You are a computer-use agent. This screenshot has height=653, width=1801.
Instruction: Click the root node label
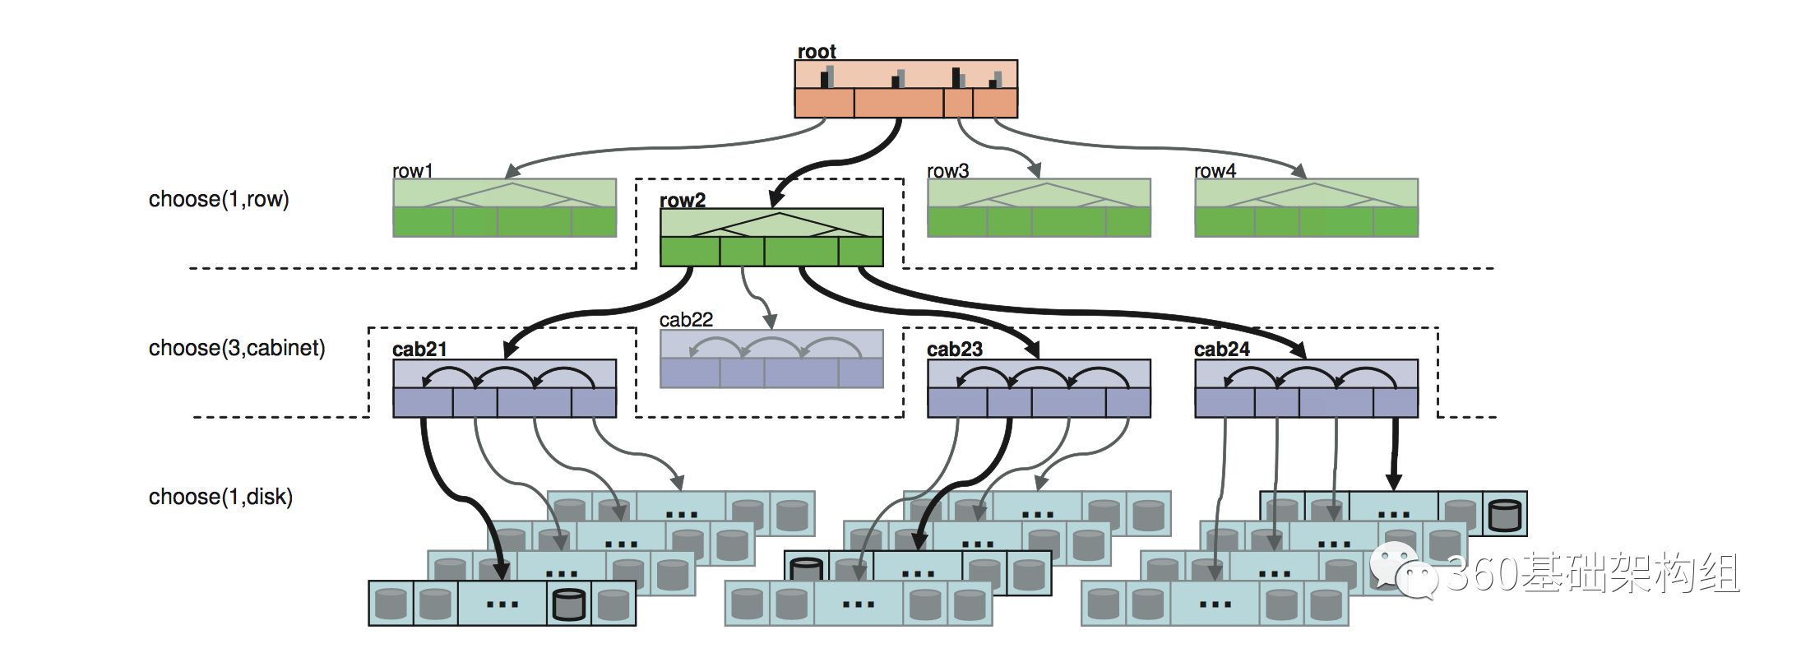[816, 52]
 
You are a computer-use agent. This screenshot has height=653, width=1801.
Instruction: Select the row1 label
[412, 171]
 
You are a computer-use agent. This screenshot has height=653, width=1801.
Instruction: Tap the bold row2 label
[683, 201]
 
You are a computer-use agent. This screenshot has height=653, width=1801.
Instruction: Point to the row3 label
[947, 171]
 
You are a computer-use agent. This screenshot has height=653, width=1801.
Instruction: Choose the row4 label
[1215, 171]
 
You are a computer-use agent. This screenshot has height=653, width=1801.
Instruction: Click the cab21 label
[419, 350]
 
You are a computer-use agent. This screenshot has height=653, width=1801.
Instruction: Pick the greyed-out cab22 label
[686, 320]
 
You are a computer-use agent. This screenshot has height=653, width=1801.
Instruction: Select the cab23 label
[955, 350]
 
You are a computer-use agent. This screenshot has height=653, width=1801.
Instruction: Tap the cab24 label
[1222, 350]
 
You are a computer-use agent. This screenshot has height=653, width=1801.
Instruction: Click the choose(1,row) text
[219, 200]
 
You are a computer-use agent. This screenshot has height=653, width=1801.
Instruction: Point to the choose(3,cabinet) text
[237, 349]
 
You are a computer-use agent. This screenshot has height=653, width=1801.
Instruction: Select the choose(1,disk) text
[220, 498]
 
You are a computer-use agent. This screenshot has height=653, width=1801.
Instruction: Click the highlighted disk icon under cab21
[568, 604]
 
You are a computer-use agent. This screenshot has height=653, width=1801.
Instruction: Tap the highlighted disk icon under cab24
[1504, 515]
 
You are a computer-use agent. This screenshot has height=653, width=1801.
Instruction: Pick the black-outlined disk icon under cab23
[806, 568]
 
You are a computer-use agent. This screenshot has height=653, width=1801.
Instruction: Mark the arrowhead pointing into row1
[512, 171]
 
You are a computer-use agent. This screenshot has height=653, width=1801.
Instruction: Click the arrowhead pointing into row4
[1299, 171]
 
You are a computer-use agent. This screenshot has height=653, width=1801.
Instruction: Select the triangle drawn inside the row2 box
[778, 225]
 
